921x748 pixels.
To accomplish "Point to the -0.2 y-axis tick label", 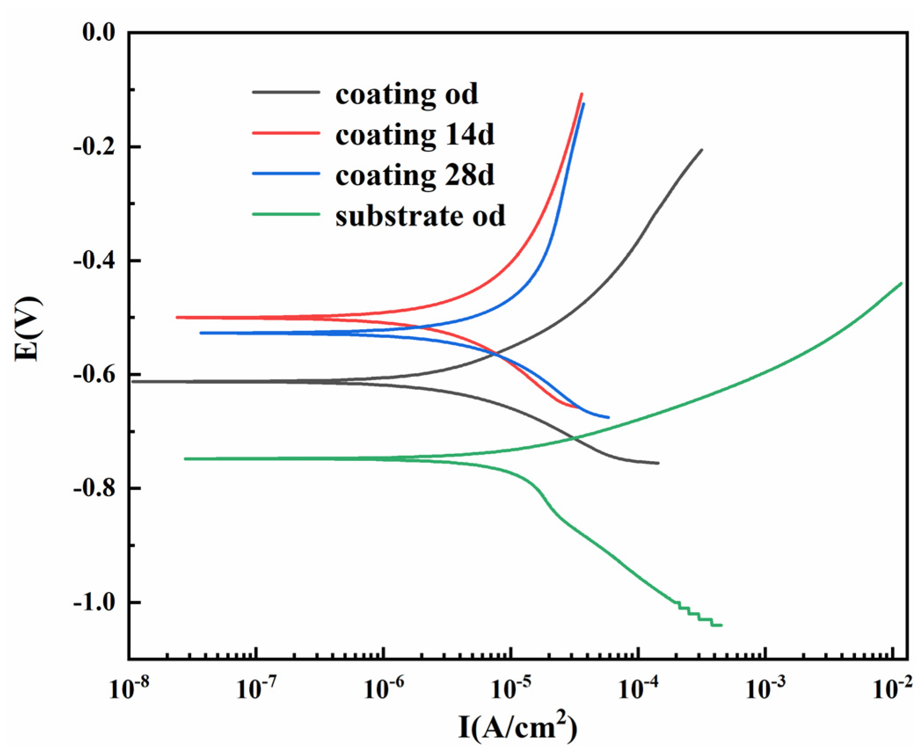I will pos(94,147).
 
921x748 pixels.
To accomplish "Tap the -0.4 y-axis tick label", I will pos(94,261).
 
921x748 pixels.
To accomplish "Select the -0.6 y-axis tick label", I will pos(94,374).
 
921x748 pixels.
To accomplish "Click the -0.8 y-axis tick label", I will pos(94,488).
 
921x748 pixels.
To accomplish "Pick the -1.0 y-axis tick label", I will pos(94,602).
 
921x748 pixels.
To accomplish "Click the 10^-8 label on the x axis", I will pos(129,688).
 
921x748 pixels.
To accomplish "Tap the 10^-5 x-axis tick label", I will pos(511,688).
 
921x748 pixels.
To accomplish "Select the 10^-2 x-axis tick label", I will pos(892,688).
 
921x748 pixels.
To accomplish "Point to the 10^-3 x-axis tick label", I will pos(765,688).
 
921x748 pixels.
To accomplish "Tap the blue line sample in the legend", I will pos(286,174).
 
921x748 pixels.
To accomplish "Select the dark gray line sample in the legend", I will pos(286,92).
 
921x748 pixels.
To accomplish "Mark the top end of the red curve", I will pos(582,94).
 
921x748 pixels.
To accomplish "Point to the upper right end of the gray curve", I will pos(702,150).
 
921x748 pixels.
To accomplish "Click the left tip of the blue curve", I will pos(201,333).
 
